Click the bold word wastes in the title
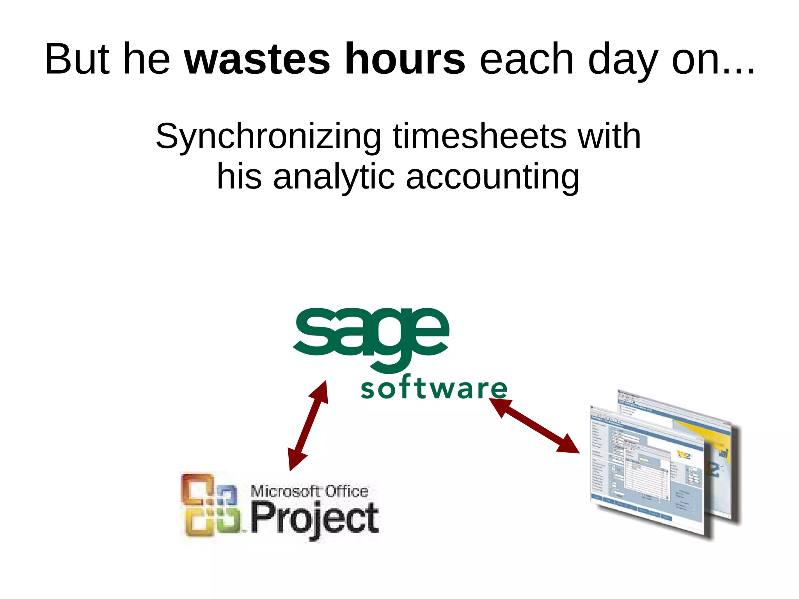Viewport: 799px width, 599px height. pos(257,59)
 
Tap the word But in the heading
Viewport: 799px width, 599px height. pos(77,59)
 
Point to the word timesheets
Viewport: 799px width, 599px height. pos(479,136)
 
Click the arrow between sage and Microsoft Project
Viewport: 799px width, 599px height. pos(308,425)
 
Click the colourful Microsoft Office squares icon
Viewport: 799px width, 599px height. pos(210,505)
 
